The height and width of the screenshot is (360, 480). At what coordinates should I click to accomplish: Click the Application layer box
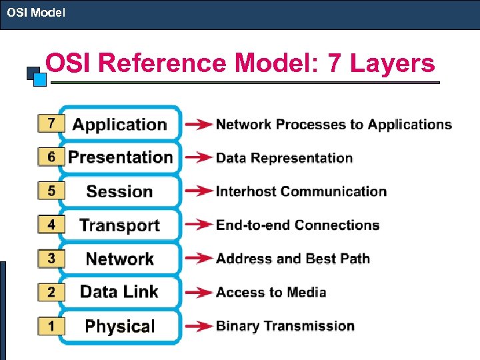120,124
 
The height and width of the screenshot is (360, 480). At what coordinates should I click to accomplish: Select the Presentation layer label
120,157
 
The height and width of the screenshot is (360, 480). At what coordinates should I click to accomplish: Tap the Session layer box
120,191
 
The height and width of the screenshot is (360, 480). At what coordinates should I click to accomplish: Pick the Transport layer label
120,225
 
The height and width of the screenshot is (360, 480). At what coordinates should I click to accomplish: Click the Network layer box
120,259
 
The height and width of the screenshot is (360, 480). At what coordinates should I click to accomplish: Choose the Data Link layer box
120,292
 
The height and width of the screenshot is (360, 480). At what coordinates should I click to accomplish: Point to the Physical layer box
120,326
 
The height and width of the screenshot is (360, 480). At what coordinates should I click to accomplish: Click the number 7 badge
51,123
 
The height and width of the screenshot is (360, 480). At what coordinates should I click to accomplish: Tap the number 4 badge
51,225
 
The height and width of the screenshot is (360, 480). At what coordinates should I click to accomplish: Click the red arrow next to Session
199,191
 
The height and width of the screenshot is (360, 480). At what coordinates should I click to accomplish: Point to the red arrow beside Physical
199,326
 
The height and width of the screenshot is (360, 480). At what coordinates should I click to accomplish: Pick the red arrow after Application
199,124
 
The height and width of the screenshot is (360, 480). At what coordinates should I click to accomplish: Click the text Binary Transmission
285,326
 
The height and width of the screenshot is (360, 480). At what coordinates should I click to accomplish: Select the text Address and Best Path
293,259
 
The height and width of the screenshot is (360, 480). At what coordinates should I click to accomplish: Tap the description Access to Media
271,292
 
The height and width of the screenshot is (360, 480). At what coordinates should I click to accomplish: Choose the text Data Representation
284,158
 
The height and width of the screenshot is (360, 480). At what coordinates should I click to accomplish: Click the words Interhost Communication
301,191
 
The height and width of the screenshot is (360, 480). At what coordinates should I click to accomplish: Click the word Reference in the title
164,64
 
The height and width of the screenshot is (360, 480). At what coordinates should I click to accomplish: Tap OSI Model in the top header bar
36,12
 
